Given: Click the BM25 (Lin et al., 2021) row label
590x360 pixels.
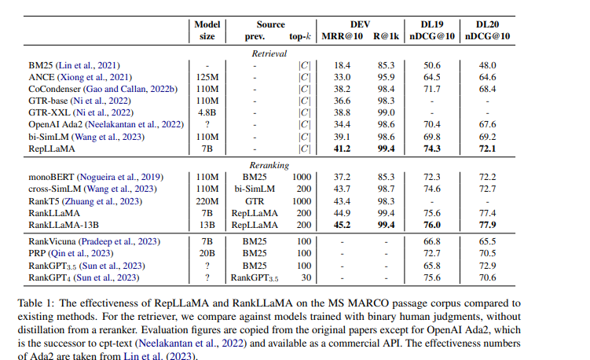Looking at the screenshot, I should click(75, 65).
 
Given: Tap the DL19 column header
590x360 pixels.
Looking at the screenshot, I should click(431, 24).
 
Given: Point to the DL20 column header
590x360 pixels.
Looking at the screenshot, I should click(488, 24).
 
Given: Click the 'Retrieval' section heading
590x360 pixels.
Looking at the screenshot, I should click(269, 53).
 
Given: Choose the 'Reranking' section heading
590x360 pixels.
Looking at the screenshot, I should click(269, 165).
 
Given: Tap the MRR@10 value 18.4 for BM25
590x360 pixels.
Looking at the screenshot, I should click(343, 65).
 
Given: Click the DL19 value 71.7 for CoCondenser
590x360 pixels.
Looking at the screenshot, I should click(431, 89).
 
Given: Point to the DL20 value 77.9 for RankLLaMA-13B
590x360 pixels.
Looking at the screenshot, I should click(488, 224).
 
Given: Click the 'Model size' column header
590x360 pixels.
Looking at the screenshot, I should click(208, 30).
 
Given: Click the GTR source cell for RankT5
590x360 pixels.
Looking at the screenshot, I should click(255, 200).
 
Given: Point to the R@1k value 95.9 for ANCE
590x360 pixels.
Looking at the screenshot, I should click(385, 77).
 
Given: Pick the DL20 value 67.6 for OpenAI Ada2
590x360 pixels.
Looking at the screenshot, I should click(488, 124).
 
